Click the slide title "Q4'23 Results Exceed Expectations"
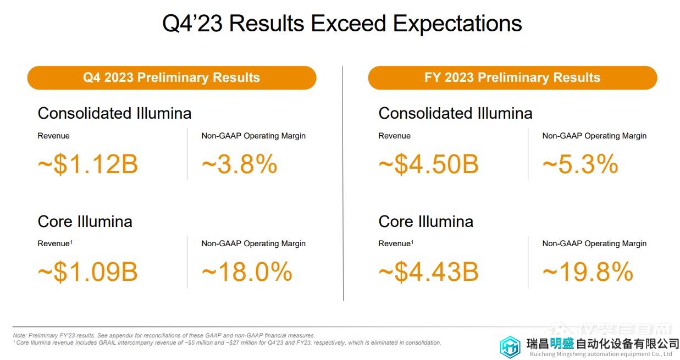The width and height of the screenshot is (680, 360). point(341,24)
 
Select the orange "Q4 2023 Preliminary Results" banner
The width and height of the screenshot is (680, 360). point(172,77)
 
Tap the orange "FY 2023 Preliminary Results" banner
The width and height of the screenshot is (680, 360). point(512,77)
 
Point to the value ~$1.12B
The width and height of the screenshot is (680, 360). point(87,164)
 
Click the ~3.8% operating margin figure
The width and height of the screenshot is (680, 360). point(239,164)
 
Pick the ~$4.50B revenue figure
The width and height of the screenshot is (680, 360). point(428,164)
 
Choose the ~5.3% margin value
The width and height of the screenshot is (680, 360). point(580,164)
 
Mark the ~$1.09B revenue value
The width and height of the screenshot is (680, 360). point(87,272)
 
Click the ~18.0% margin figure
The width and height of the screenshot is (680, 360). point(247,272)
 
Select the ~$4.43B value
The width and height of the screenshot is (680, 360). point(428,272)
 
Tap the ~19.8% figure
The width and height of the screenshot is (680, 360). point(588,272)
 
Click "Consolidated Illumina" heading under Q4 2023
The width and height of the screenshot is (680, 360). point(114,113)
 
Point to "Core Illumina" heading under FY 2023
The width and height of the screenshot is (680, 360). point(425,221)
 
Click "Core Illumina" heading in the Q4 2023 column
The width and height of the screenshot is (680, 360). point(85,221)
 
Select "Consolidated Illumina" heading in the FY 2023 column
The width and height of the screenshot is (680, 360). point(455,113)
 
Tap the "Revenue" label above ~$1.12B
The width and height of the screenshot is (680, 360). point(53,136)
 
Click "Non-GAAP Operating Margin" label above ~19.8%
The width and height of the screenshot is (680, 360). point(594,243)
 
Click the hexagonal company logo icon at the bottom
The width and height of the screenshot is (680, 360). point(510,347)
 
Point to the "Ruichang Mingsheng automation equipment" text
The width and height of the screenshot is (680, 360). point(594,355)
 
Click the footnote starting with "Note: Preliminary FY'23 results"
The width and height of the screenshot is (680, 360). point(164,335)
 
